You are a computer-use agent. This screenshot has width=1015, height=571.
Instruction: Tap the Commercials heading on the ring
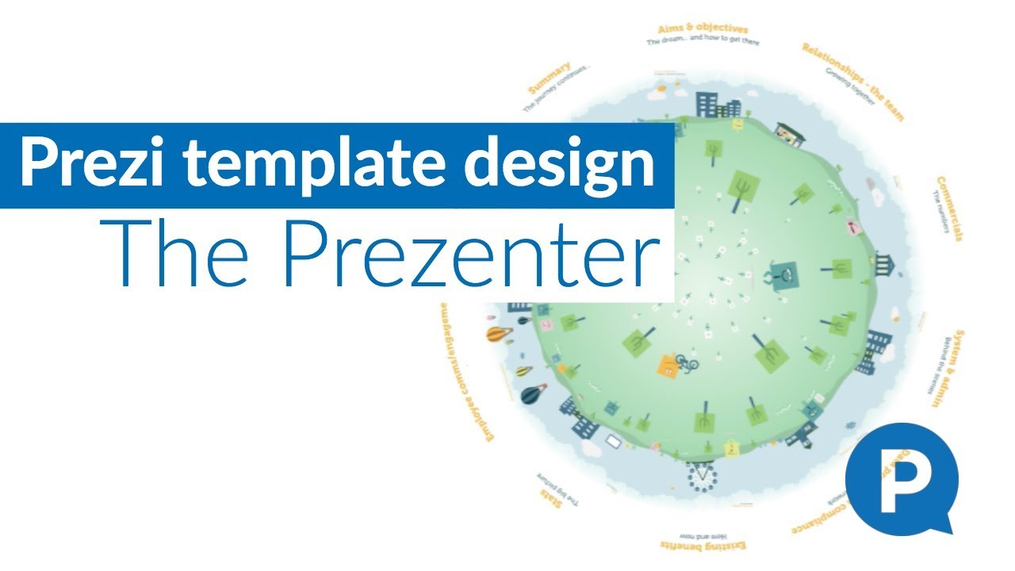point(950,209)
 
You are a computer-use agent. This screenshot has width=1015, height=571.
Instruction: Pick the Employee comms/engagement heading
point(455,381)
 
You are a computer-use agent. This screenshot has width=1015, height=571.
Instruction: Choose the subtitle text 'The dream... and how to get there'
point(703,40)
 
